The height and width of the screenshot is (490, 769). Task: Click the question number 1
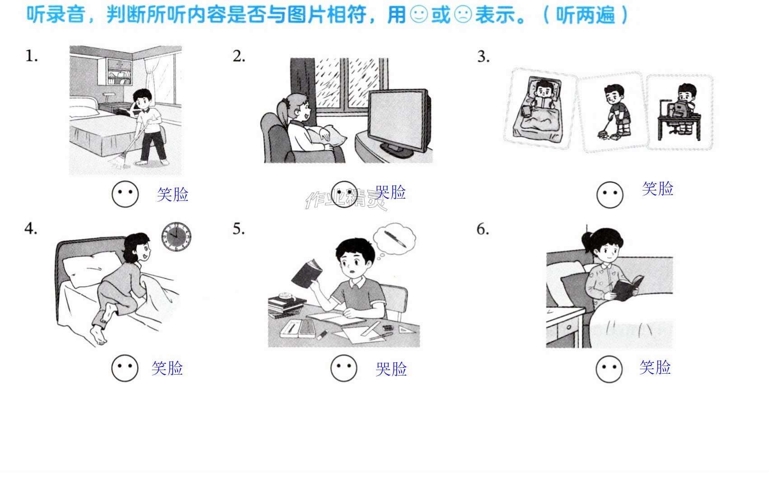(32, 56)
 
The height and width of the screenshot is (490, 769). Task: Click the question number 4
(31, 228)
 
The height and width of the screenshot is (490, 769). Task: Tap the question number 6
(483, 229)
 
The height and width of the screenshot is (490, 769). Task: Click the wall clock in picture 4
(176, 237)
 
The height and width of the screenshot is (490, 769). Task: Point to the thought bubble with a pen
(394, 239)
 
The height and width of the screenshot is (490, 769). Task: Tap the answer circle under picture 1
(125, 194)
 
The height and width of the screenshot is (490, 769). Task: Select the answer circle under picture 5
(344, 368)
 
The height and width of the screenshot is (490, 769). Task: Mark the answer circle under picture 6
(609, 369)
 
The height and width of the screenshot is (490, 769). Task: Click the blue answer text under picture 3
(657, 189)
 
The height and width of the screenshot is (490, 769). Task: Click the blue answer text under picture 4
(167, 368)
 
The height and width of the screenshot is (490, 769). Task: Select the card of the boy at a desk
(679, 112)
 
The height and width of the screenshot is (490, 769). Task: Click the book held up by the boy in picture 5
(307, 274)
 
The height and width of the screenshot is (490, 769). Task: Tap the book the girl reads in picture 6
(628, 288)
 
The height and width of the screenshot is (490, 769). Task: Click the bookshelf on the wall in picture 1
(118, 71)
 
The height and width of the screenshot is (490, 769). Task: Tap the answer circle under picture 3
(610, 195)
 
